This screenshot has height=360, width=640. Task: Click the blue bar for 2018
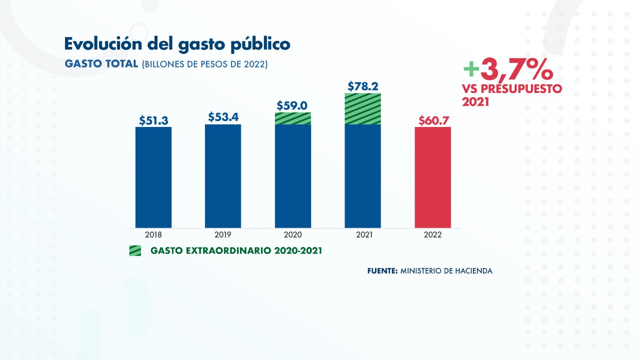pyautogui.click(x=153, y=177)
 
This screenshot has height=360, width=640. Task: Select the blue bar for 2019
pyautogui.click(x=223, y=176)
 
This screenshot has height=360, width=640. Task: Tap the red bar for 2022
pyautogui.click(x=433, y=177)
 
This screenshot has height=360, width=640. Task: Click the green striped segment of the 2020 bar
pyautogui.click(x=293, y=118)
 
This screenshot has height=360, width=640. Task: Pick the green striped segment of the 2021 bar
pyautogui.click(x=363, y=108)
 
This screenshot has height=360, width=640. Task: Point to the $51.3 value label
pyautogui.click(x=153, y=120)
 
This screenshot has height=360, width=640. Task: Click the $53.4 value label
pyautogui.click(x=223, y=117)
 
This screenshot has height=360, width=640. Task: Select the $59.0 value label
pyautogui.click(x=293, y=105)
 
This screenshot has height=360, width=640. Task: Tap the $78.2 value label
pyautogui.click(x=363, y=86)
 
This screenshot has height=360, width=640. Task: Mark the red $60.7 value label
pyautogui.click(x=433, y=120)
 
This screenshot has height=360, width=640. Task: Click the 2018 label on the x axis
pyautogui.click(x=153, y=234)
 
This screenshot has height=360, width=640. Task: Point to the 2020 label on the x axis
pyautogui.click(x=293, y=234)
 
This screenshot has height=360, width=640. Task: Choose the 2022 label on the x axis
pyautogui.click(x=433, y=234)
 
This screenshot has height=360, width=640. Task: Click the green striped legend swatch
pyautogui.click(x=135, y=250)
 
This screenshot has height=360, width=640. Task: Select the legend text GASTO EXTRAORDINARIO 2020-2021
pyautogui.click(x=236, y=250)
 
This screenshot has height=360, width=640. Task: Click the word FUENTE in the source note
pyautogui.click(x=382, y=271)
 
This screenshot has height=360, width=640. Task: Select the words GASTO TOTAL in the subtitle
pyautogui.click(x=101, y=64)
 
